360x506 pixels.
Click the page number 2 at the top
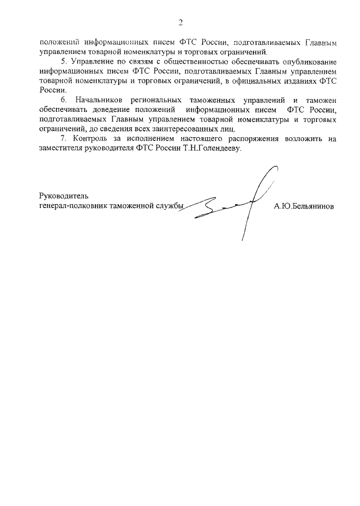(181, 22)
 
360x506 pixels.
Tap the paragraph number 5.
(63, 61)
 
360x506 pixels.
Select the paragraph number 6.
(63, 100)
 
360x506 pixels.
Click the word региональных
(159, 100)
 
